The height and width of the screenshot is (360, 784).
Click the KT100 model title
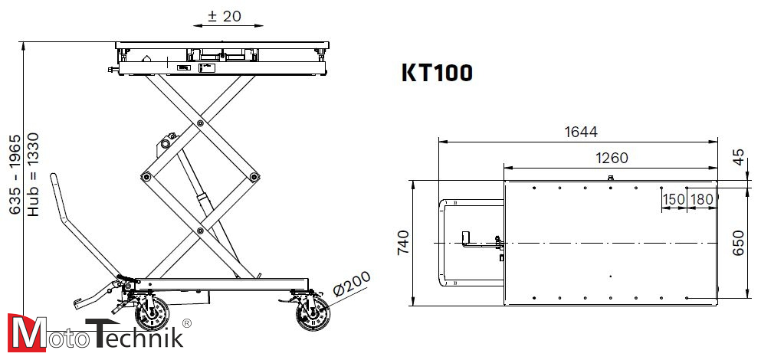[x=437, y=73]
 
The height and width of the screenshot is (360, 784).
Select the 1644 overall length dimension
[x=580, y=132]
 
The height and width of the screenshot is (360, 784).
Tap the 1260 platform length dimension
[x=611, y=158]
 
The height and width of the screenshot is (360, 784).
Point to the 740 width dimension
[x=403, y=241]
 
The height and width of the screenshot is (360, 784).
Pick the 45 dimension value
[x=739, y=157]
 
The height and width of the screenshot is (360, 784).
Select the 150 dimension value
[x=673, y=199]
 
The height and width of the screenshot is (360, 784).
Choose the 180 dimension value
[x=701, y=199]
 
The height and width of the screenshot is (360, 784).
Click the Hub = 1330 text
[x=33, y=174]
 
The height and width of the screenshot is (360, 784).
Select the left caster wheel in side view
[x=152, y=314]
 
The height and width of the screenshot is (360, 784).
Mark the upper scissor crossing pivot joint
[x=200, y=123]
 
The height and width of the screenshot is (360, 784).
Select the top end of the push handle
[x=54, y=178]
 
